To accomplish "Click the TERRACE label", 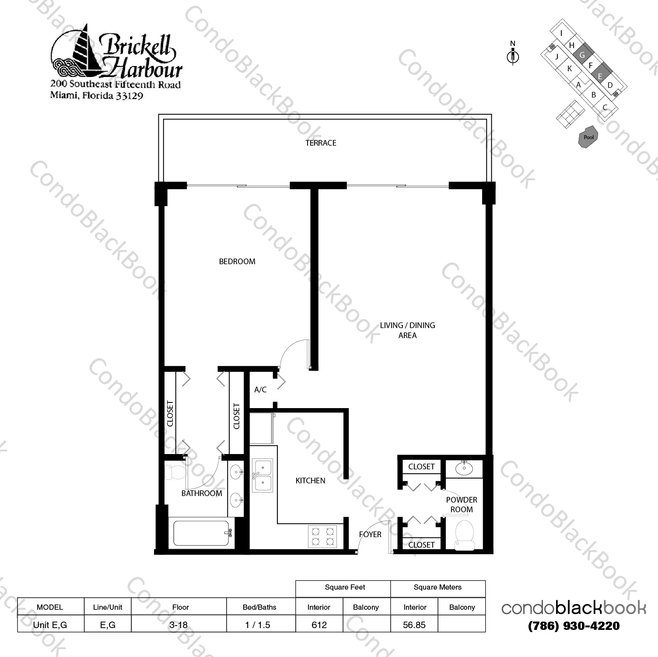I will (321, 143).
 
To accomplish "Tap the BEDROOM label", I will (237, 262).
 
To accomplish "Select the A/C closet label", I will (260, 389).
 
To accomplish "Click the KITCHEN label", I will (310, 481).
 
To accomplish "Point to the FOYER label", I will (370, 535).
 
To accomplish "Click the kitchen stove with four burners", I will (322, 537).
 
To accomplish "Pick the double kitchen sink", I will (262, 476).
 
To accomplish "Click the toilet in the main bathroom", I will (175, 472).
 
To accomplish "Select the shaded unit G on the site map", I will (582, 55).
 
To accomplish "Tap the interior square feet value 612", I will (319, 625).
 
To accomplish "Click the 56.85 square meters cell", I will (414, 625).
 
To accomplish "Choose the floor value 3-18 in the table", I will (178, 625).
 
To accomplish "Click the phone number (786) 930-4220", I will (574, 626).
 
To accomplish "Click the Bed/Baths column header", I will (259, 607).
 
